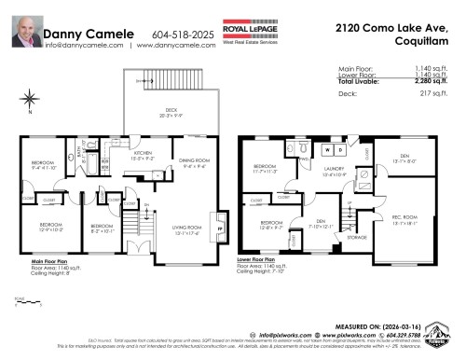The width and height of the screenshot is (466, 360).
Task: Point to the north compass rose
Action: click(x=31, y=98)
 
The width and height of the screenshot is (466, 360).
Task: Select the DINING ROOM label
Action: click(x=192, y=164)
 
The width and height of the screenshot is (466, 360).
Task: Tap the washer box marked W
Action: click(x=326, y=148)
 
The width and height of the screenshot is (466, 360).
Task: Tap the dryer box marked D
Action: click(x=341, y=148)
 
